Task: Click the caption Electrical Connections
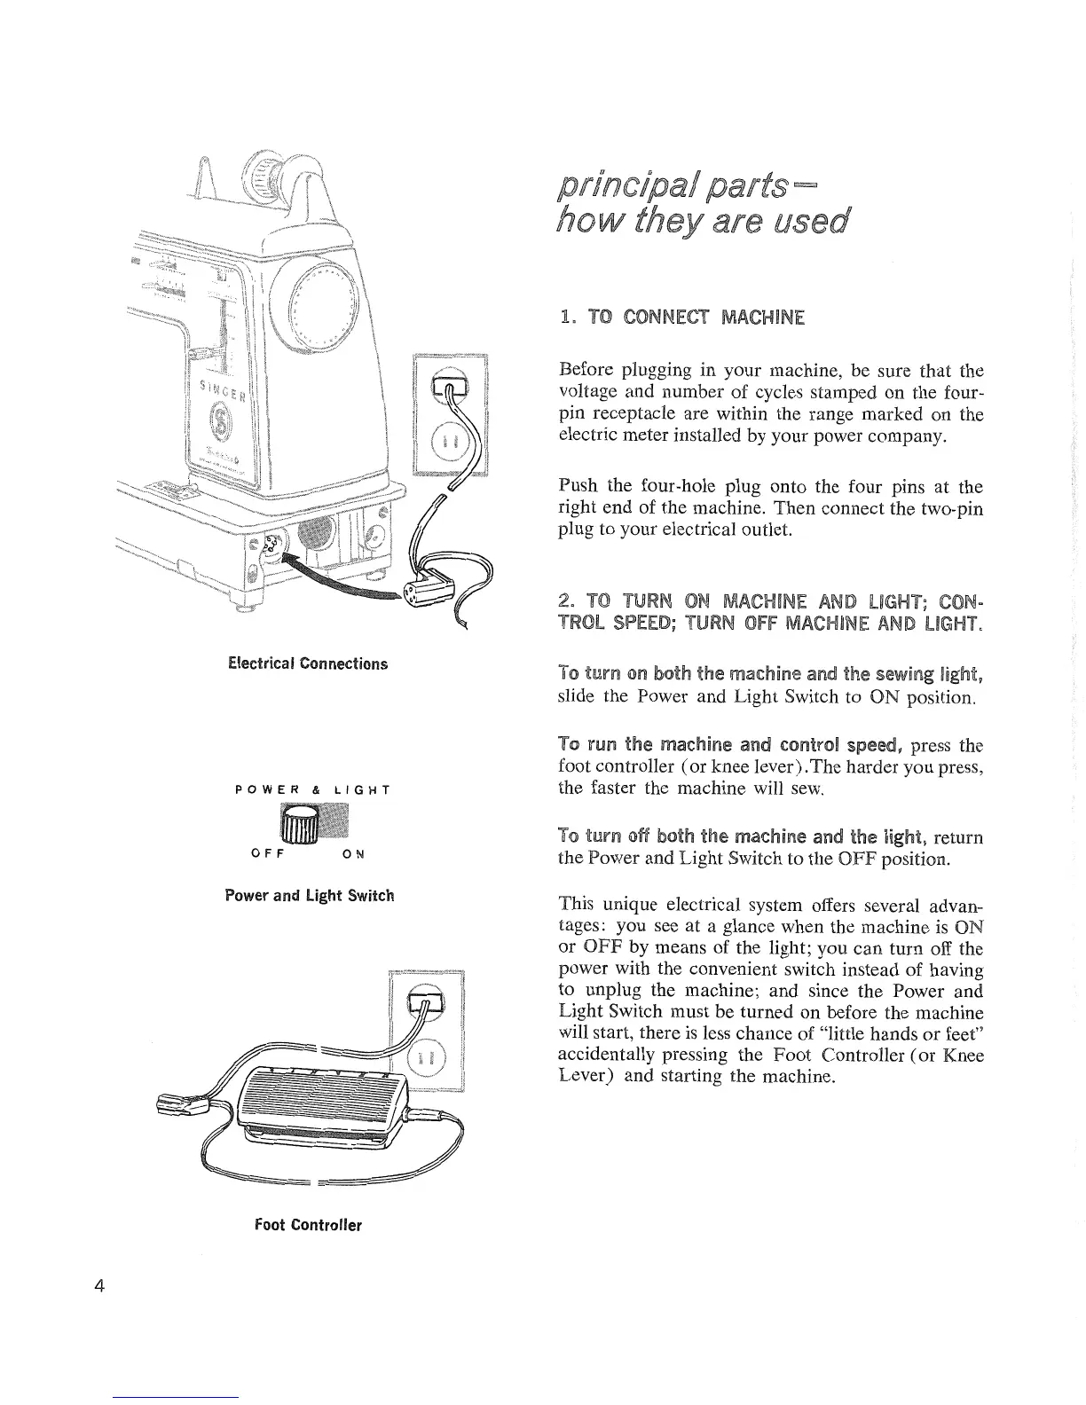308,663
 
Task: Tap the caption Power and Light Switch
309,896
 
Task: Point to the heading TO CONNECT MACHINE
681,316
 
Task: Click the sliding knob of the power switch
299,824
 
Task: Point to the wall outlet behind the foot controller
428,1033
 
